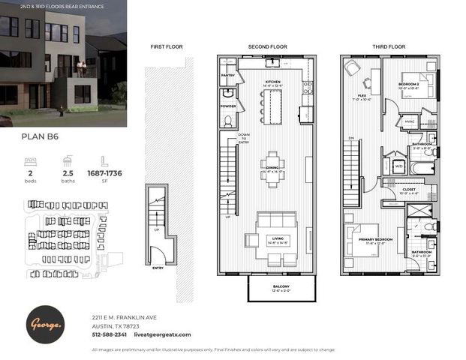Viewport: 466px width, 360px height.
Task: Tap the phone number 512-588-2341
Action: (109, 334)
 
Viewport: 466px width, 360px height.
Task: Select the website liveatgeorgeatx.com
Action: (162, 334)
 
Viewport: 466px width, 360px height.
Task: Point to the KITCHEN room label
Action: (272, 82)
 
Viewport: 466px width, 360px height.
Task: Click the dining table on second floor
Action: (272, 163)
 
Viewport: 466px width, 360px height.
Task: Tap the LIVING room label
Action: (272, 238)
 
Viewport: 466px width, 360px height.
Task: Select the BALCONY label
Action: (273, 286)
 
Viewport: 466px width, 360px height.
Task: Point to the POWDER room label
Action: (228, 106)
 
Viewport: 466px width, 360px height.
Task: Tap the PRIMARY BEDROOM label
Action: (367, 238)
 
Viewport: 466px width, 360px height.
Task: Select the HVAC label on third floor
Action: (410, 120)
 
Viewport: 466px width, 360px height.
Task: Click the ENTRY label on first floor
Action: (158, 267)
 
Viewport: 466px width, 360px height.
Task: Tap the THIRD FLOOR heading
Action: (389, 46)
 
